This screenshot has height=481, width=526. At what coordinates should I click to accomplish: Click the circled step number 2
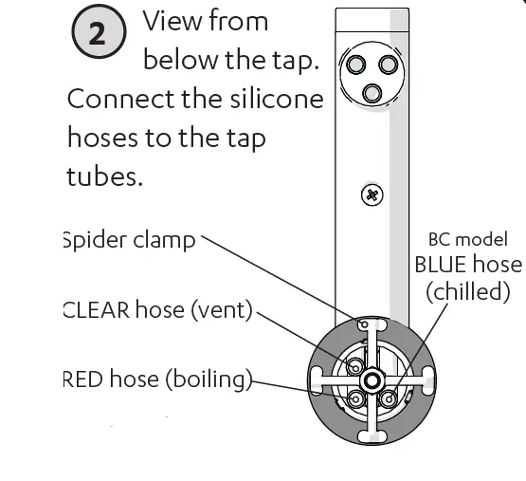click(x=98, y=35)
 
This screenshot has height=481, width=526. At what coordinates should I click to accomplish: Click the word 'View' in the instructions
click(x=173, y=21)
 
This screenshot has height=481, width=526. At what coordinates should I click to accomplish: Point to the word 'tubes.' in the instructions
click(x=105, y=176)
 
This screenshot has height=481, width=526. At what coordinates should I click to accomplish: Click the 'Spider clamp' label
click(x=129, y=240)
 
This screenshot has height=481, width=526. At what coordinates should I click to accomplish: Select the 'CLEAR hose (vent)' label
click(x=158, y=310)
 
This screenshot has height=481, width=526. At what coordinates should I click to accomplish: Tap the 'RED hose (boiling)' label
click(x=158, y=380)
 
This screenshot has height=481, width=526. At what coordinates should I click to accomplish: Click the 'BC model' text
click(x=468, y=239)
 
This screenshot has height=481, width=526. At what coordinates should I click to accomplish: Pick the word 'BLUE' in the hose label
click(x=446, y=265)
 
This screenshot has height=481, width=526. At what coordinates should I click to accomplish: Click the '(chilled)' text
click(x=467, y=291)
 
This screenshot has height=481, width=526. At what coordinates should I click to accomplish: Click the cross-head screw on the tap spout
click(x=372, y=195)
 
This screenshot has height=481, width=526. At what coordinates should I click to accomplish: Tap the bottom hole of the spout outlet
click(x=372, y=92)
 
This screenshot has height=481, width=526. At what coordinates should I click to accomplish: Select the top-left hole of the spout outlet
click(x=357, y=65)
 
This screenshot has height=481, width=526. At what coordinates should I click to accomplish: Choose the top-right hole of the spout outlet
click(x=387, y=65)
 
